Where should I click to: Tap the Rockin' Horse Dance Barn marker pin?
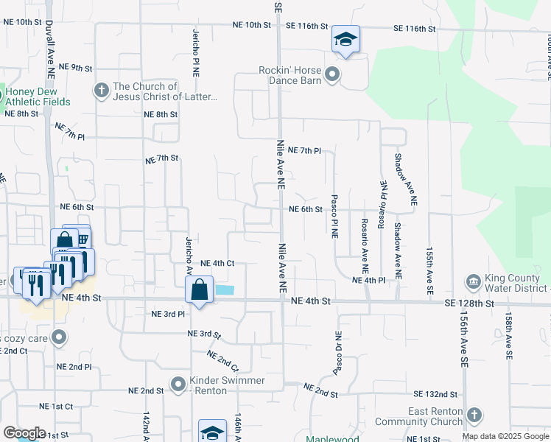click(331, 74)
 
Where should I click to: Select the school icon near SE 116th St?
click(345, 40)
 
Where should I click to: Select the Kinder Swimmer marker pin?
click(178, 385)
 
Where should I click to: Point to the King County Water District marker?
click(472, 282)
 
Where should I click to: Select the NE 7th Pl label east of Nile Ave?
click(304, 150)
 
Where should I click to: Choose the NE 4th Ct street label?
click(217, 263)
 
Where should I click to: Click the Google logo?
click(24, 433)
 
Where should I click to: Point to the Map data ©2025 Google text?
click(505, 436)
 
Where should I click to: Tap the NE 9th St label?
click(76, 68)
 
